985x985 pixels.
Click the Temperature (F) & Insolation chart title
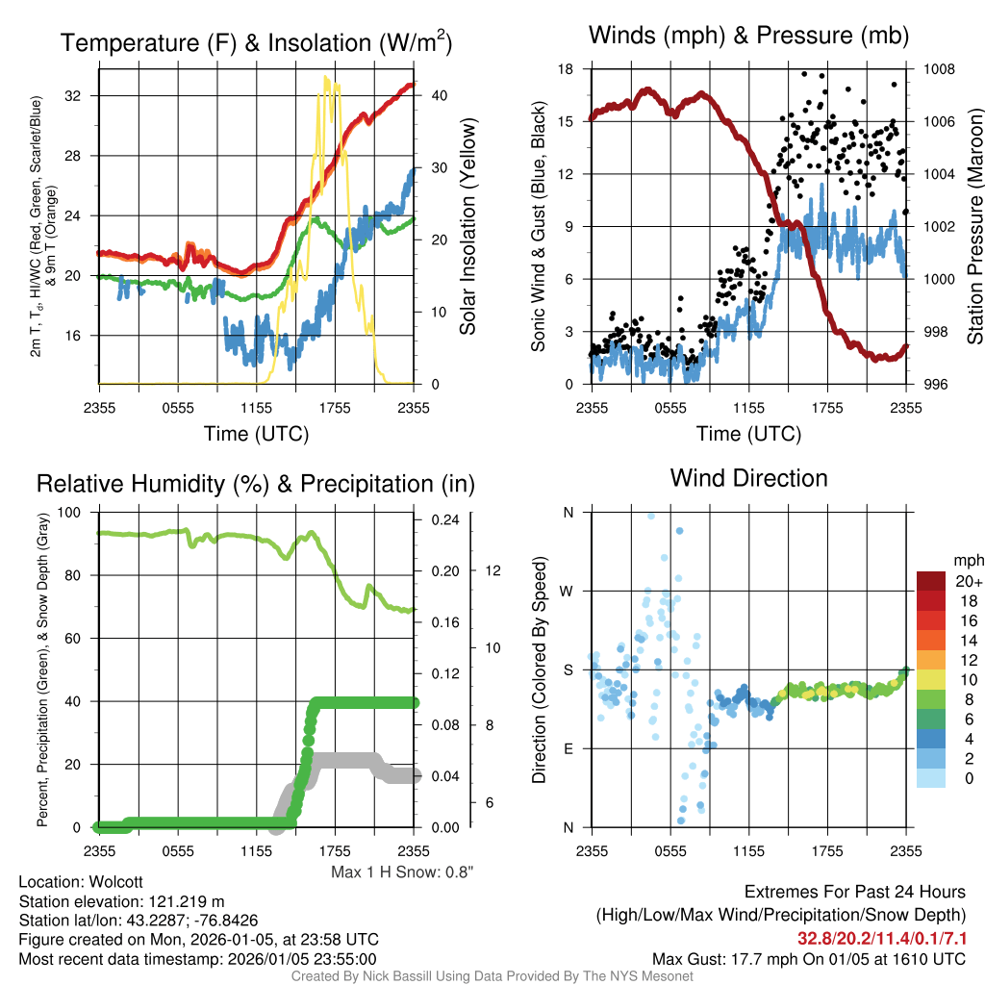(256, 43)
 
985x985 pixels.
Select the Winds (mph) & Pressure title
(748, 37)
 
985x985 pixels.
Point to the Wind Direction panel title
(748, 478)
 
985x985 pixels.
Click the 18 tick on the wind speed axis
(566, 69)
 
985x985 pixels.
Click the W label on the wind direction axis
(568, 591)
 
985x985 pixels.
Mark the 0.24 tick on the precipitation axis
(444, 519)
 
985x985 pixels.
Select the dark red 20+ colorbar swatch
(932, 582)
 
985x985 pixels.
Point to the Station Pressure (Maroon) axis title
(973, 227)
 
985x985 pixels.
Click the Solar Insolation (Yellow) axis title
(468, 227)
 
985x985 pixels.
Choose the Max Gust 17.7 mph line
(809, 958)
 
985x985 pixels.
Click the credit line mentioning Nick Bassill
(492, 976)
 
